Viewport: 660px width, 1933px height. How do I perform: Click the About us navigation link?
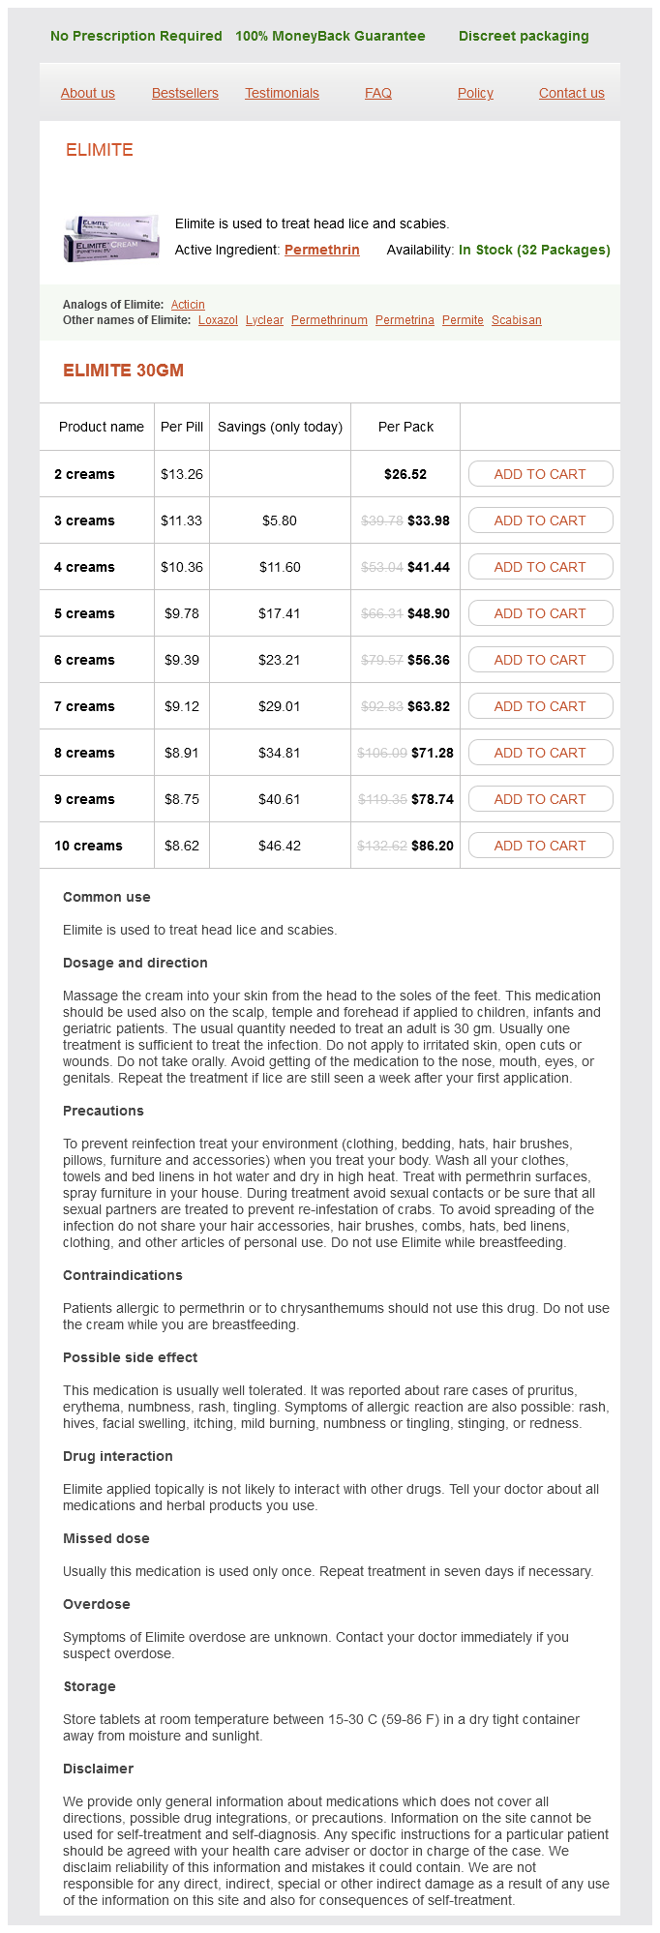(87, 93)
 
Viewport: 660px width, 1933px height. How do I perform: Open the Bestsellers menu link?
(185, 93)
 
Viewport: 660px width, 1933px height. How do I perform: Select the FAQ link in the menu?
(377, 93)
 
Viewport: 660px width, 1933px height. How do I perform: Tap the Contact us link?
(571, 93)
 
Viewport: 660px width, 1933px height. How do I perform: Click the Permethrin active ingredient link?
(321, 250)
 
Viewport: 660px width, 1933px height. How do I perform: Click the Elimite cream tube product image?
(111, 238)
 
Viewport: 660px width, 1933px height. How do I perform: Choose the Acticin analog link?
(188, 304)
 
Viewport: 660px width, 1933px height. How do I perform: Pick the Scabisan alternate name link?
(516, 320)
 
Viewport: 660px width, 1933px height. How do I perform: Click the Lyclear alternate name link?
(264, 320)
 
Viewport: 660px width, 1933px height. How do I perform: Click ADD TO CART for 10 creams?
(540, 846)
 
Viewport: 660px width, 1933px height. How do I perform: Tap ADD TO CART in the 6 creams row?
(540, 660)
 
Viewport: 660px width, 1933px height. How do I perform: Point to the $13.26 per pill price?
(182, 474)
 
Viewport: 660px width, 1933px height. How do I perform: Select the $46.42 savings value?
(280, 846)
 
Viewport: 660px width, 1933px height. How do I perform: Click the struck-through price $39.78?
(381, 520)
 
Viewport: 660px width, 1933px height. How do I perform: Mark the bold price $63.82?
(429, 706)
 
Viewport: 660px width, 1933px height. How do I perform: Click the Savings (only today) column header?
(280, 427)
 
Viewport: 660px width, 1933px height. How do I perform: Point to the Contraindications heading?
(122, 1275)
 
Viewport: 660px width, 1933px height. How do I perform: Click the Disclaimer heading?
(98, 1769)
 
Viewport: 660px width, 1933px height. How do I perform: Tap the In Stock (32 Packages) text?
(534, 250)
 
